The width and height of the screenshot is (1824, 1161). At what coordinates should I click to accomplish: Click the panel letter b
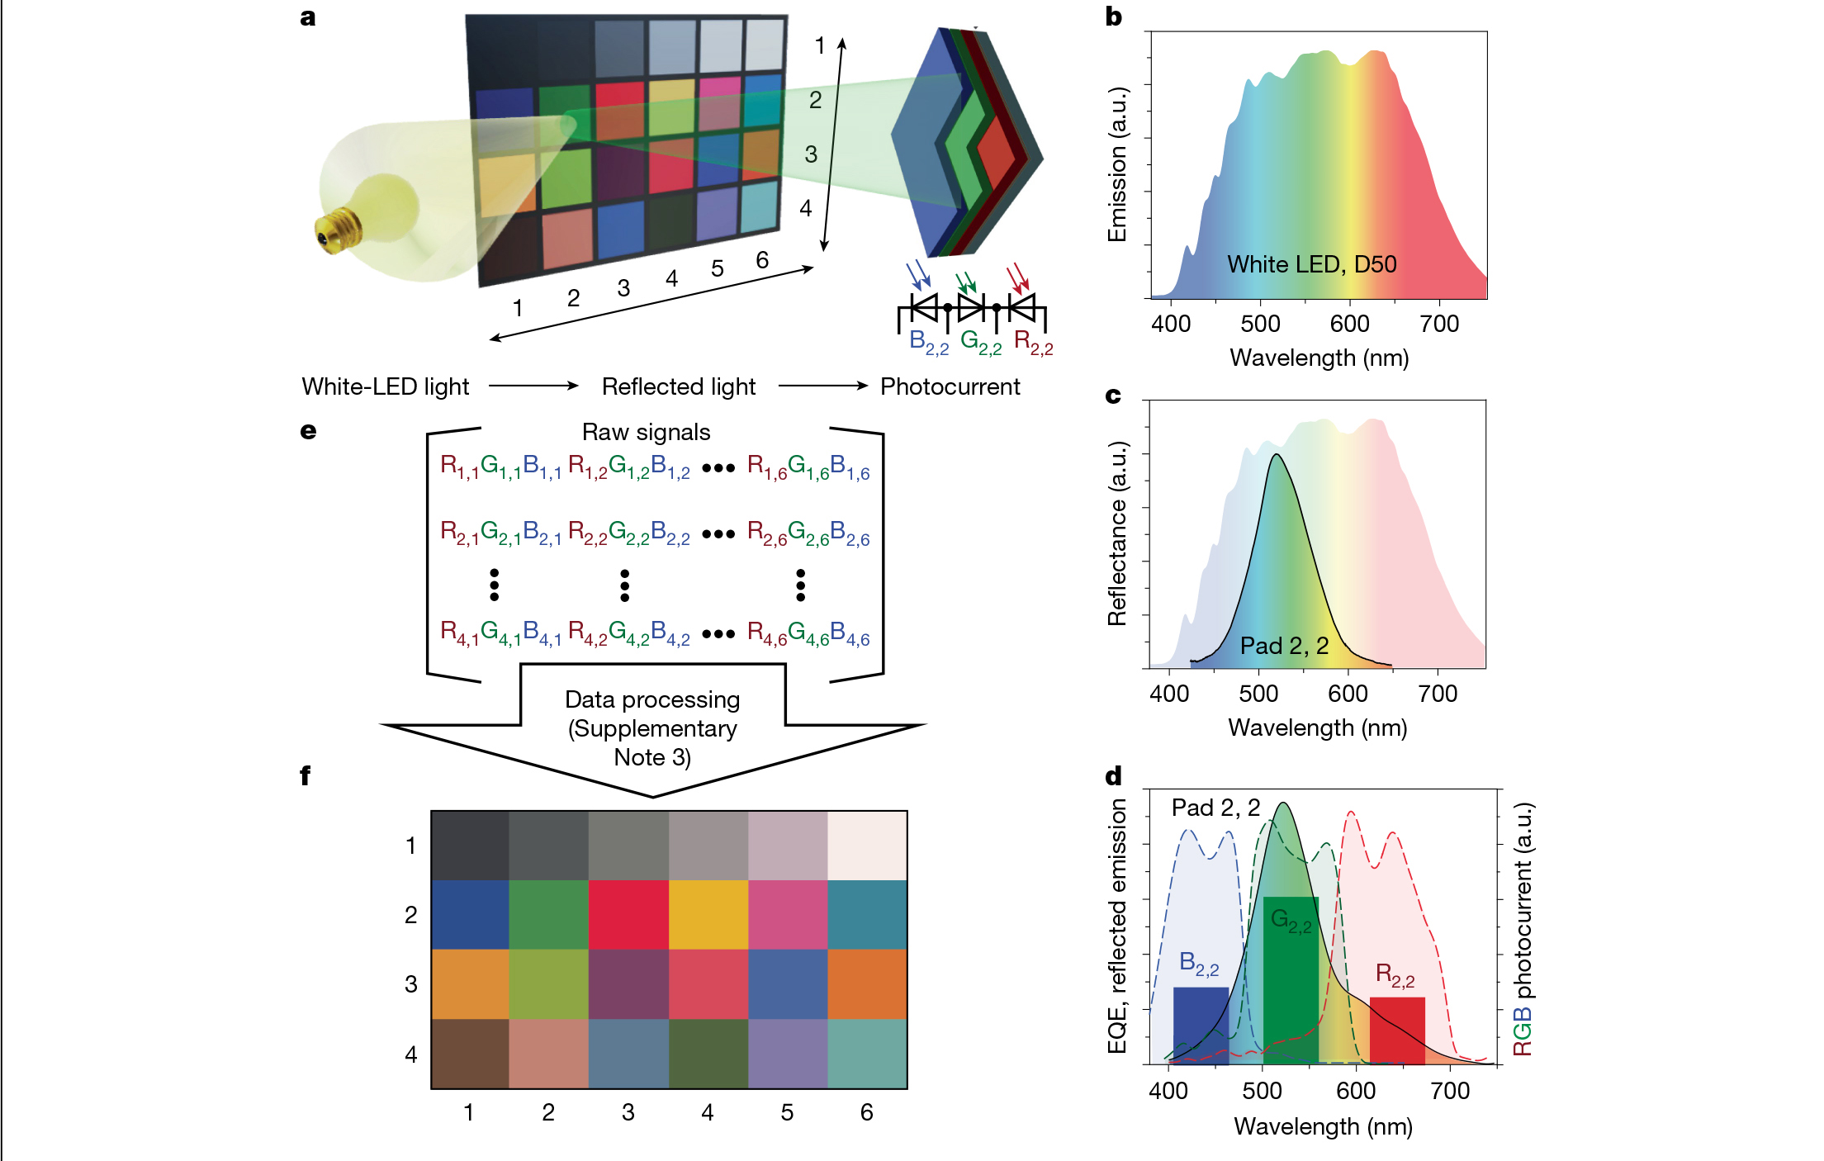click(x=1113, y=17)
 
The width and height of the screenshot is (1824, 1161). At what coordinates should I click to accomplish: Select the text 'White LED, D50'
click(x=1311, y=264)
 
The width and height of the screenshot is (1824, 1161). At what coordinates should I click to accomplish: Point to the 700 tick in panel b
click(x=1439, y=324)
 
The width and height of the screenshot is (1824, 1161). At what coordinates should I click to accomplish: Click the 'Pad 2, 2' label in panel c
click(x=1284, y=646)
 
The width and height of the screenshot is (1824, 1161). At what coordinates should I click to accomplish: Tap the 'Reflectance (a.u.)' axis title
click(x=1116, y=533)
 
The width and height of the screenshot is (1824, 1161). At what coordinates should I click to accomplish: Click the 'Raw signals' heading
click(x=646, y=432)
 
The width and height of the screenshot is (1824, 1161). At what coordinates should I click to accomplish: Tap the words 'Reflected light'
click(x=678, y=386)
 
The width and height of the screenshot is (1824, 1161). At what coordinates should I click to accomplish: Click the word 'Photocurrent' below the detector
click(x=950, y=386)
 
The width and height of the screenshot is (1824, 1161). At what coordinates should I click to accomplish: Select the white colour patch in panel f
click(x=867, y=846)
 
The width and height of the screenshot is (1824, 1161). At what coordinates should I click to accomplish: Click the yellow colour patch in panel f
click(x=708, y=915)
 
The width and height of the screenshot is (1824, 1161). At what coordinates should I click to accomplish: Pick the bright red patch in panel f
click(x=628, y=915)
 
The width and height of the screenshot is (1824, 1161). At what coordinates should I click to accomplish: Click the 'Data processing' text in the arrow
click(x=652, y=699)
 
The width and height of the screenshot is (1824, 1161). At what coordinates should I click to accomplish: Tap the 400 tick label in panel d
click(x=1168, y=1091)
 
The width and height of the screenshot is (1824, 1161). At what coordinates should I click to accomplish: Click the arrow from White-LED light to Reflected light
click(x=534, y=386)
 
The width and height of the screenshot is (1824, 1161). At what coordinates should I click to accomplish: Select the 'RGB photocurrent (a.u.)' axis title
click(x=1523, y=929)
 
